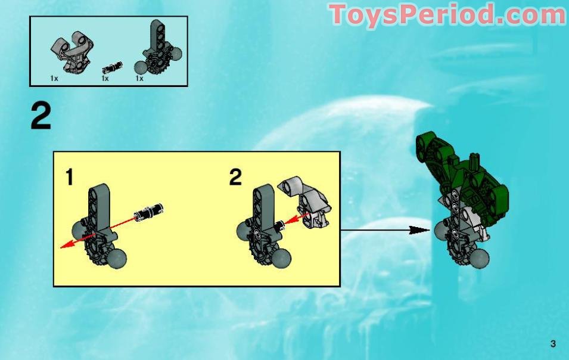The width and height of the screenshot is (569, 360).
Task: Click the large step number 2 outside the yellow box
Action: coord(41,117)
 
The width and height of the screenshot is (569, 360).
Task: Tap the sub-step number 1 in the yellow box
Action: coord(70,177)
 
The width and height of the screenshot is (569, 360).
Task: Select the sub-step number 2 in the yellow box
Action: coord(235,177)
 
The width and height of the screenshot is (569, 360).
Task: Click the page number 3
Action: coord(554,343)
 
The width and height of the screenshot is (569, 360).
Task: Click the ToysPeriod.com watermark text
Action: coord(447,14)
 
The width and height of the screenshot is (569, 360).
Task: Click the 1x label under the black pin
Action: coord(105,78)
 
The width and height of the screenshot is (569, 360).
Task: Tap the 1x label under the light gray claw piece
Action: coord(54,78)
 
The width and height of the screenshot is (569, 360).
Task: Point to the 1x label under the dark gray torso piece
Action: coord(139,78)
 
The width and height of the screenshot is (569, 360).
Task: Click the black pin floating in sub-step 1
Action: coord(150,210)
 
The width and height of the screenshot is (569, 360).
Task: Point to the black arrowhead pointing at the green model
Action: coord(421,229)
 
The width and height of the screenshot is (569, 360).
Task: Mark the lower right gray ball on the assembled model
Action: coord(478,257)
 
